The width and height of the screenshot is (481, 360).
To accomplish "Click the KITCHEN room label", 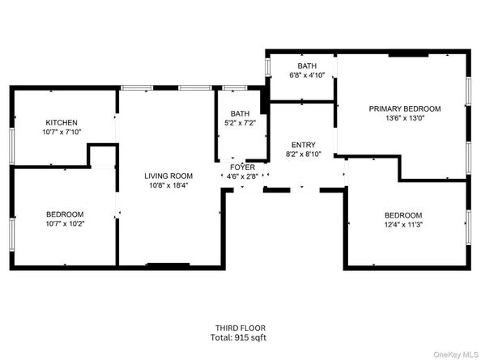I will (62, 122).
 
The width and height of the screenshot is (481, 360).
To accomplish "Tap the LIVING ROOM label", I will (168, 176).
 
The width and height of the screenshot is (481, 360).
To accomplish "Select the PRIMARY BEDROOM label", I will (405, 108).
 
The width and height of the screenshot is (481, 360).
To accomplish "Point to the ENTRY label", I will (304, 144).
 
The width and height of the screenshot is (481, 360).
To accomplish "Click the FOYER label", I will (242, 167).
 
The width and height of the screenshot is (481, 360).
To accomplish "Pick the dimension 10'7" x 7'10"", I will (62, 132).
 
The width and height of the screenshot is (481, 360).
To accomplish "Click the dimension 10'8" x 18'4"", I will (168, 185).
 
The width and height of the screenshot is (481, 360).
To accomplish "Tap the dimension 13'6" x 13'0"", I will (405, 118).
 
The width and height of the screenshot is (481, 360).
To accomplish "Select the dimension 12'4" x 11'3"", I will (403, 224).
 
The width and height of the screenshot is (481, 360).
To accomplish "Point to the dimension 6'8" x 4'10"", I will (307, 75).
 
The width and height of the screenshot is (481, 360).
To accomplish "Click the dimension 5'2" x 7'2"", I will (240, 124).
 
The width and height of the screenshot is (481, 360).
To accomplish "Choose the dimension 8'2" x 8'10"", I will (304, 154).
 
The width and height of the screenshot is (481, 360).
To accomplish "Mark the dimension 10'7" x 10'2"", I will (65, 224).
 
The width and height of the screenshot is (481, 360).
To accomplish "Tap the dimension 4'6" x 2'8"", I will (242, 176).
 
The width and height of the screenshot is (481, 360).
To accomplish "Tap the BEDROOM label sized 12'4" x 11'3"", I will (403, 214).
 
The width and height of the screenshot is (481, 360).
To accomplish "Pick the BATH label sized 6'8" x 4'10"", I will (307, 66).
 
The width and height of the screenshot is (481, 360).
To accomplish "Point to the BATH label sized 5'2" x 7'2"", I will (240, 114).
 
